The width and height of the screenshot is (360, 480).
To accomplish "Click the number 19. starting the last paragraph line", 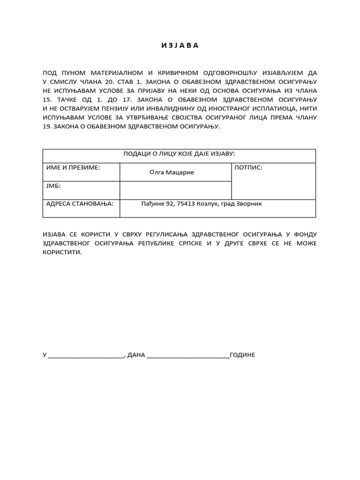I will click(x=47, y=127).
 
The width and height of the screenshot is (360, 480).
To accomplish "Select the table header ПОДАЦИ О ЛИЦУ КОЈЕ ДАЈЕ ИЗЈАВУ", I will click(x=179, y=154).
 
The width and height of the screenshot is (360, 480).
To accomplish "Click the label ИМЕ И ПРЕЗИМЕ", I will click(x=73, y=167).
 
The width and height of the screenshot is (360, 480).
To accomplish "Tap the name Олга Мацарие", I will click(x=172, y=172).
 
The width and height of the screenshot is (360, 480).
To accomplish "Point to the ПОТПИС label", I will click(x=248, y=167).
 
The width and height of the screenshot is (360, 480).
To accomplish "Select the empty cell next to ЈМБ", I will click(x=176, y=190).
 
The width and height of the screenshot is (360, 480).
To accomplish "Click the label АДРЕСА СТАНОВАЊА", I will click(x=80, y=204).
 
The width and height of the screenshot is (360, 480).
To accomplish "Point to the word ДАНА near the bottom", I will click(x=136, y=355).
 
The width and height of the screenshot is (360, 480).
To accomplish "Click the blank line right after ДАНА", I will click(x=188, y=356).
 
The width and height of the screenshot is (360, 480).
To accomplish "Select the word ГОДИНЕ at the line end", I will click(x=242, y=355).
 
